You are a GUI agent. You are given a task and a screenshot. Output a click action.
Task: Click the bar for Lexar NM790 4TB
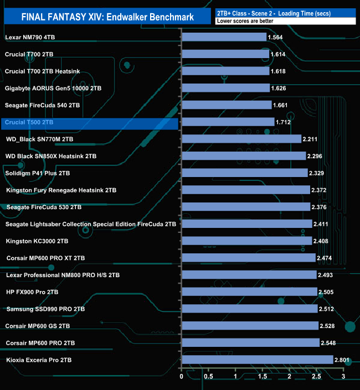(x=224, y=37)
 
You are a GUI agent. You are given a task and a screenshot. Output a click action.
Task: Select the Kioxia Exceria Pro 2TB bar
(x=257, y=360)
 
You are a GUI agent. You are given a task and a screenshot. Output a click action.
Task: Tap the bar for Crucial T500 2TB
(x=228, y=122)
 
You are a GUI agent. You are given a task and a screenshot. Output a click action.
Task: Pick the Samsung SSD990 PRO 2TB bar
(x=249, y=309)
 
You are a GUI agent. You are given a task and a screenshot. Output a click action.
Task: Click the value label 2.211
(x=311, y=139)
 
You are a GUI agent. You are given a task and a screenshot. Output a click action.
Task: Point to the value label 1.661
(x=282, y=105)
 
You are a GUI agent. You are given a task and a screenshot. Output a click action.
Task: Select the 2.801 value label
(x=343, y=360)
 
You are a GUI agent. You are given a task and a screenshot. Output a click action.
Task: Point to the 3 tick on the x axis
(x=343, y=377)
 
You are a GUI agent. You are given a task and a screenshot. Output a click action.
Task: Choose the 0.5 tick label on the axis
(x=208, y=377)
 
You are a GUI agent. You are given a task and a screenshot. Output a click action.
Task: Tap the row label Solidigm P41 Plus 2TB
(x=38, y=173)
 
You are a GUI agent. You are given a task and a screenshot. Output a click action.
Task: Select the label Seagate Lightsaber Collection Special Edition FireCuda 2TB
(x=91, y=224)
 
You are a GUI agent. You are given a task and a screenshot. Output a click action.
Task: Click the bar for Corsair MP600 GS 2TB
(x=250, y=326)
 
